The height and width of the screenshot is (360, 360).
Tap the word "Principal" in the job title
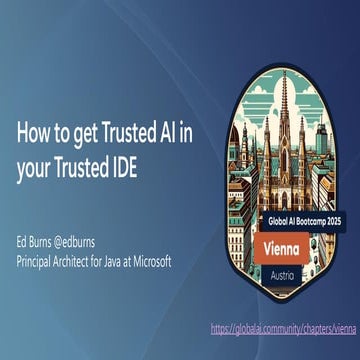pyautogui.click(x=37, y=261)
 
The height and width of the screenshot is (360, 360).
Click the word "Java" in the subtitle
pyautogui.click(x=117, y=261)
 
